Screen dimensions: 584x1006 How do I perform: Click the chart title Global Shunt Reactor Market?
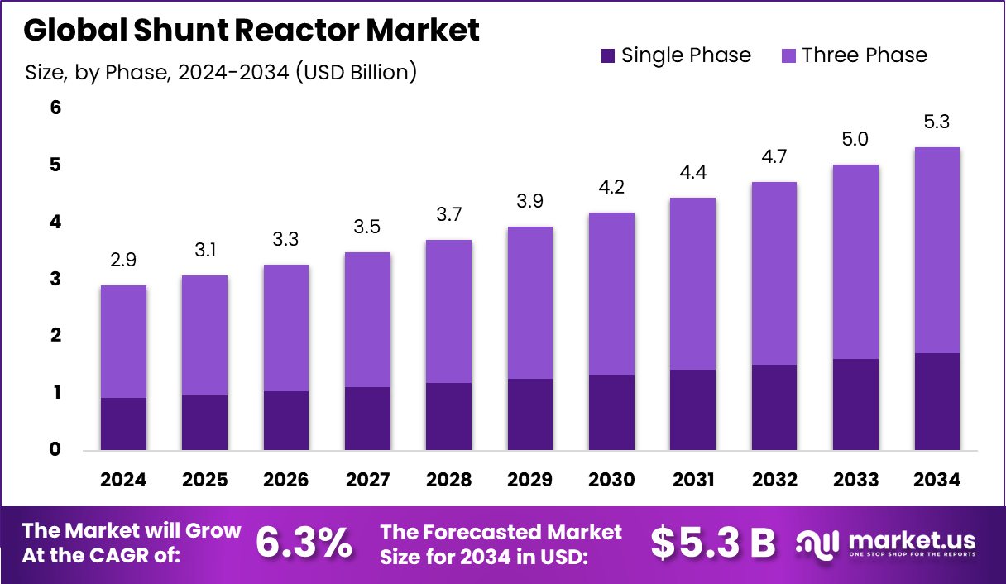pos(251,31)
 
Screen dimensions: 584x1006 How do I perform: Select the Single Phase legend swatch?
pos(608,56)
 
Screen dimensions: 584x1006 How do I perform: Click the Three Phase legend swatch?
pos(788,56)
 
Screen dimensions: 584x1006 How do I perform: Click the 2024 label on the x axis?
pos(123,481)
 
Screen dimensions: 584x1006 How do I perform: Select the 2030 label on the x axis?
pos(611,481)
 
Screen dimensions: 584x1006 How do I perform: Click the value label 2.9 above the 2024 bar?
pos(123,261)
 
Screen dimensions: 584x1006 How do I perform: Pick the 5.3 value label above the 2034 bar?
pos(937,122)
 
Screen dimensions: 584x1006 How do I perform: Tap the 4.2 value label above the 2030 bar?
pos(611,187)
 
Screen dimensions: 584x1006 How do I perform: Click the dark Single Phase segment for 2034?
pos(937,402)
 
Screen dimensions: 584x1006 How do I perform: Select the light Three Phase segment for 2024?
pos(123,341)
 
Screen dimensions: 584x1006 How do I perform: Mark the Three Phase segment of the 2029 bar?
pos(530,302)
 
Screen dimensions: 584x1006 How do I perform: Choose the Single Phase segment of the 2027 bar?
pos(367,419)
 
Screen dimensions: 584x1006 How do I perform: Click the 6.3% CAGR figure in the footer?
pos(303,543)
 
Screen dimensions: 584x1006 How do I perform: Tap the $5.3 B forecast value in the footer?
pos(712,543)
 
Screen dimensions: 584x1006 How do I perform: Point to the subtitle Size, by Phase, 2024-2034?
pos(221,72)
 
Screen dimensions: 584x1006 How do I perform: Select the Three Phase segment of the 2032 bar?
pos(774,273)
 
